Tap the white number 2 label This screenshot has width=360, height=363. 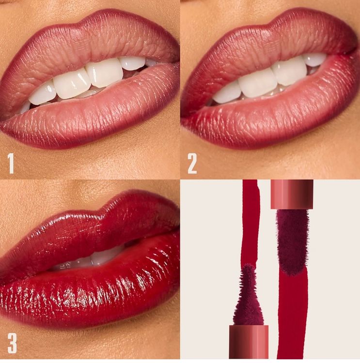192,164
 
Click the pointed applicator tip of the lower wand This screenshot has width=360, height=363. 248,266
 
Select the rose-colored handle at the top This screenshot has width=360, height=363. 292,194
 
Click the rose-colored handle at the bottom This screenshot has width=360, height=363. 249,342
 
